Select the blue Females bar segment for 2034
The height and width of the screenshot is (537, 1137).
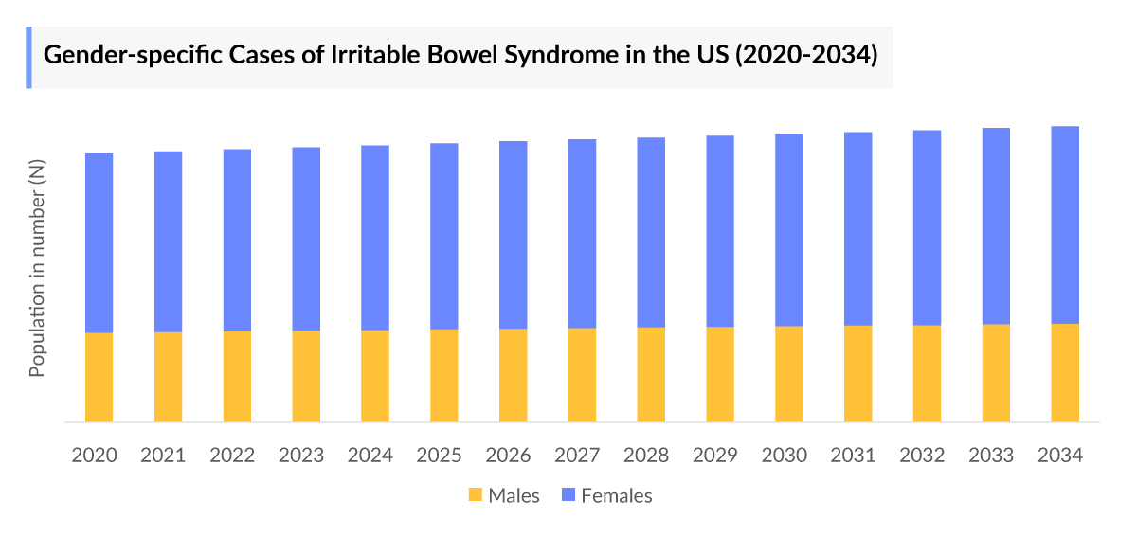pyautogui.click(x=1065, y=224)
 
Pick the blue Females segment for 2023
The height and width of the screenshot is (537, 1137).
pyautogui.click(x=306, y=239)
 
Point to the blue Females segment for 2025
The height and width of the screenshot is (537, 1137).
pyautogui.click(x=444, y=236)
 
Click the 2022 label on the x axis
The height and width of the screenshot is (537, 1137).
pyautogui.click(x=232, y=456)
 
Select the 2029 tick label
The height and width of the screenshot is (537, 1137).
pyautogui.click(x=715, y=456)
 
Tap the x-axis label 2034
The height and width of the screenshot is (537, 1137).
pyautogui.click(x=1060, y=456)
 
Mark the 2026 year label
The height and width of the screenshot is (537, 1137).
pyautogui.click(x=509, y=456)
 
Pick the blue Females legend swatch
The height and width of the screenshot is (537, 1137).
pyautogui.click(x=567, y=495)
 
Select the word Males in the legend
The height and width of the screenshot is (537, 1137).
pyautogui.click(x=514, y=495)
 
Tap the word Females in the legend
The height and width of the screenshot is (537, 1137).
pyautogui.click(x=616, y=495)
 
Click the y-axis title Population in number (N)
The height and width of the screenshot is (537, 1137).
pyautogui.click(x=38, y=269)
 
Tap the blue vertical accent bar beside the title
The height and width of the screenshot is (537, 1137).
pyautogui.click(x=28, y=57)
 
